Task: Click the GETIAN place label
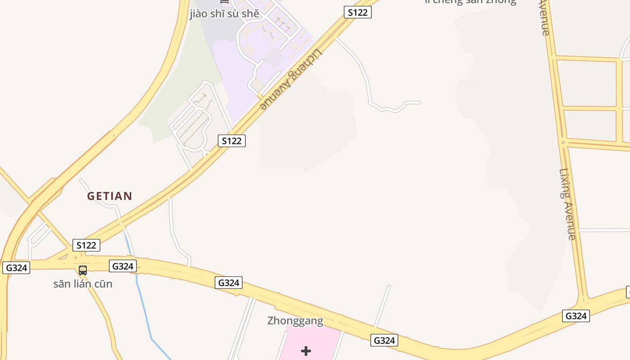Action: [110, 196]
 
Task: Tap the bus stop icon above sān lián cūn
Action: [83, 270]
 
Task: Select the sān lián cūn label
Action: [83, 284]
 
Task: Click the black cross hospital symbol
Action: [306, 351]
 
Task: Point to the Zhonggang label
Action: [295, 321]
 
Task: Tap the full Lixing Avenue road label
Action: [567, 204]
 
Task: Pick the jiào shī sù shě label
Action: [225, 13]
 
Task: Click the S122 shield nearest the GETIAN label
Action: [86, 245]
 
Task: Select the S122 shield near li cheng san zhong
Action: [358, 12]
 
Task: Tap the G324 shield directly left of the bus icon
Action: [16, 268]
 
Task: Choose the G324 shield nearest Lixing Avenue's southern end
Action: [576, 316]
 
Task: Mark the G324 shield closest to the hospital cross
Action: [384, 340]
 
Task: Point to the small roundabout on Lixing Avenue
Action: [562, 143]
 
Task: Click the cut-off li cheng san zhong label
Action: [470, 2]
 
